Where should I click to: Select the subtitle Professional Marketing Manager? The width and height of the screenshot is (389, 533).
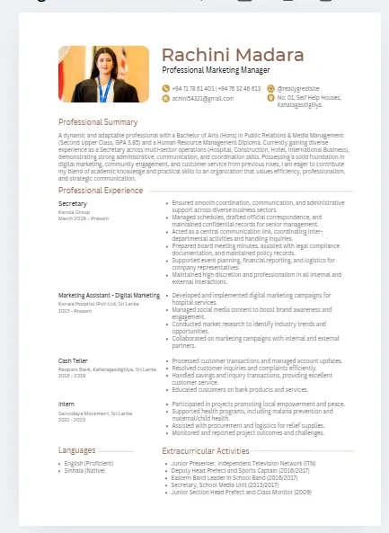coord(216,70)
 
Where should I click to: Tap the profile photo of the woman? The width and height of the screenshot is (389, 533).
coord(103,75)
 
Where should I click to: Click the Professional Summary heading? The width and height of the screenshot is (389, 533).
coord(98,121)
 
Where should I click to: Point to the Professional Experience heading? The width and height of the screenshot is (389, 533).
coord(101,191)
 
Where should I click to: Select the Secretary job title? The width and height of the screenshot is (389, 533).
coord(73,204)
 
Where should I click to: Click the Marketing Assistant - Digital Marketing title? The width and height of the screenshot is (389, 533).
coord(109,295)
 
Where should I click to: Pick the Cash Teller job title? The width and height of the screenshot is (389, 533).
coord(75,360)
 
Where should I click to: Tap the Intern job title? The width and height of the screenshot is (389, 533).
coord(66,404)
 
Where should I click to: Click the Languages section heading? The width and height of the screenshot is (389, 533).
coord(76,449)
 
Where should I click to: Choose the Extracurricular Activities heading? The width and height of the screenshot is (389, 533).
coord(206,450)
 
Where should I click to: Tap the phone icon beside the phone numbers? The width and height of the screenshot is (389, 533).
coord(165,88)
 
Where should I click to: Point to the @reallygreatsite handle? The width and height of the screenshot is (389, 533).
coord(296,88)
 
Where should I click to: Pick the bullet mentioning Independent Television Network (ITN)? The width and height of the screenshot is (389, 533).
coord(243,463)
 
